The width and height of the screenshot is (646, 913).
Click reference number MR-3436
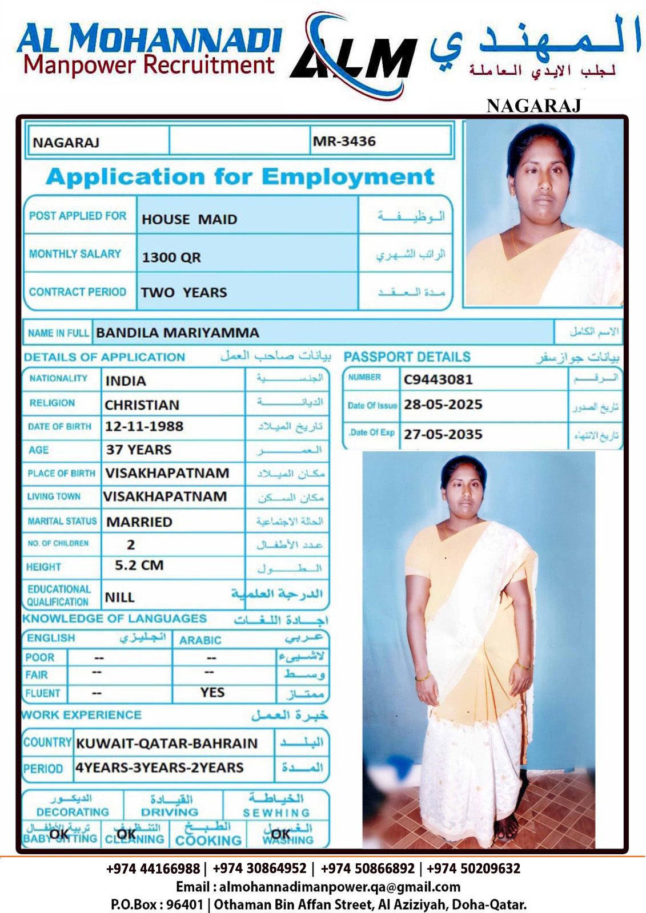point(344,142)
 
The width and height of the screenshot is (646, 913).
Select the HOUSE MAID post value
point(189,219)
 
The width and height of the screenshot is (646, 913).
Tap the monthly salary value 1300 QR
point(171,257)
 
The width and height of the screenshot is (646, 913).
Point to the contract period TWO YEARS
point(184,292)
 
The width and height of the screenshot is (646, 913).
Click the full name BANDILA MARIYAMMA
point(178,333)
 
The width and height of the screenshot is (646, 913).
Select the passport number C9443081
point(438,379)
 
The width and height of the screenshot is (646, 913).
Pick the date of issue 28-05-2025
point(443,405)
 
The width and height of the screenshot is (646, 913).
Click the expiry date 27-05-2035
point(443,434)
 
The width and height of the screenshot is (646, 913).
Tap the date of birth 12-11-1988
point(144,426)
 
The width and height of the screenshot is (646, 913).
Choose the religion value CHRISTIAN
point(142,405)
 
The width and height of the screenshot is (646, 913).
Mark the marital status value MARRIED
point(139,522)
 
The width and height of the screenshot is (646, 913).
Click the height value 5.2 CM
point(139,565)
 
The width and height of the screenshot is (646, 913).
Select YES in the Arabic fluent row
point(212,693)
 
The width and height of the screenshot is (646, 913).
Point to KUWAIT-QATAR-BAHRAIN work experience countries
point(167,744)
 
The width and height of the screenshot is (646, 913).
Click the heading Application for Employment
point(240,177)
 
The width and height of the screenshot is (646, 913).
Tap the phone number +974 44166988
point(153,869)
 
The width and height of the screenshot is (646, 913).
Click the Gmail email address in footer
point(339,887)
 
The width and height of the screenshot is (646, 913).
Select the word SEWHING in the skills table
point(276,813)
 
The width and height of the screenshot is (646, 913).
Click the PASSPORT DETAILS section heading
point(407,357)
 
